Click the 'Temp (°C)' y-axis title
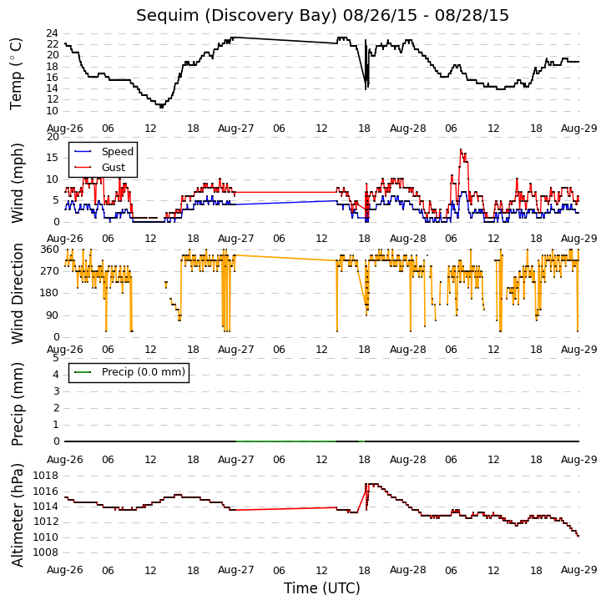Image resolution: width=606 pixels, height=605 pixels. [16, 73]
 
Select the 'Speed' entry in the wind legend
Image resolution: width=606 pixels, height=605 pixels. [118, 151]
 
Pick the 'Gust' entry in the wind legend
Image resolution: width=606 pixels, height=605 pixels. [114, 167]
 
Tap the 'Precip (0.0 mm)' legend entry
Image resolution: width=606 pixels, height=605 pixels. [144, 372]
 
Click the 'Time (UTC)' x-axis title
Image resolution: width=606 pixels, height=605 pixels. [322, 588]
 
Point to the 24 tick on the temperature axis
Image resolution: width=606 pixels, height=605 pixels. [53, 33]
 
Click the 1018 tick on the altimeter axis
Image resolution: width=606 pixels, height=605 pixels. [46, 476]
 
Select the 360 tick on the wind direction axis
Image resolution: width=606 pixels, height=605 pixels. [50, 250]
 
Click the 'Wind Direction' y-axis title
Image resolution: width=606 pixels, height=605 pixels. [17, 294]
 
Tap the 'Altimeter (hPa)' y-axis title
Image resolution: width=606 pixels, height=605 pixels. [17, 516]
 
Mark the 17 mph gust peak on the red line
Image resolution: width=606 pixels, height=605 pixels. [461, 149]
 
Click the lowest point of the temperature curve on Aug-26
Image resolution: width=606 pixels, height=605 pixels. [161, 106]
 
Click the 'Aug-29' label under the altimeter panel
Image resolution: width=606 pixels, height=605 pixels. [579, 570]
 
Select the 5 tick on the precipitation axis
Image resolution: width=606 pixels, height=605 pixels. [56, 358]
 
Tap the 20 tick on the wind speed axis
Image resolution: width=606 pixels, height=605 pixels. [53, 137]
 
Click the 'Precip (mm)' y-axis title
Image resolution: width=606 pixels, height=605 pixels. [17, 404]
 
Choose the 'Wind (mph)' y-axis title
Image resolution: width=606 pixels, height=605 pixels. [17, 183]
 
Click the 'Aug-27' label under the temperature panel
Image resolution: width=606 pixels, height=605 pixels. [235, 129]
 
